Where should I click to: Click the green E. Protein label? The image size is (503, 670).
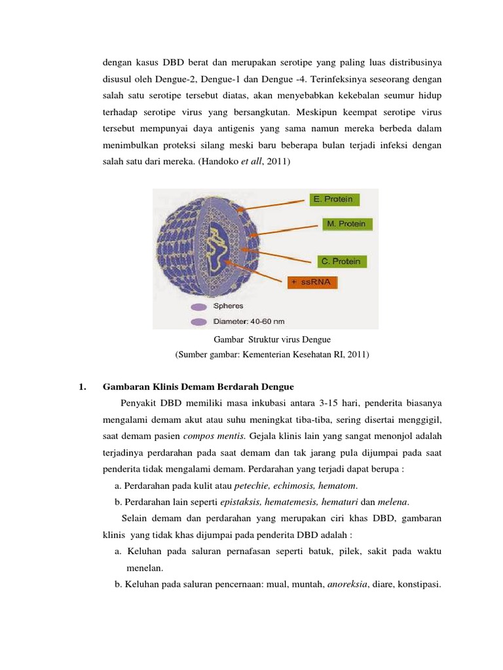pyautogui.click(x=333, y=199)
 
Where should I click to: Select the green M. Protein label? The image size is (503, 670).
pyautogui.click(x=346, y=224)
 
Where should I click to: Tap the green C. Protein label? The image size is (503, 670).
pyautogui.click(x=339, y=261)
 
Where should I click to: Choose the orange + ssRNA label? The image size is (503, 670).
pyautogui.click(x=314, y=283)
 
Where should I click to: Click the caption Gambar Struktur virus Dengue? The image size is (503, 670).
pyautogui.click(x=272, y=340)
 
